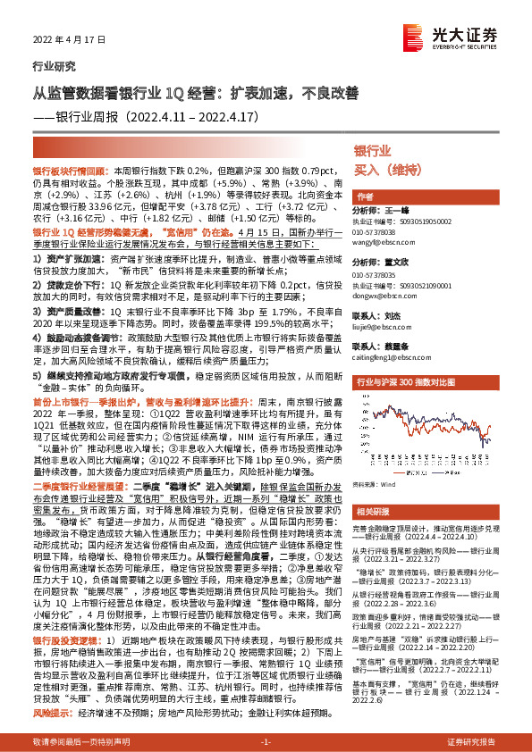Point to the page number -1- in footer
(x=266, y=741)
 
